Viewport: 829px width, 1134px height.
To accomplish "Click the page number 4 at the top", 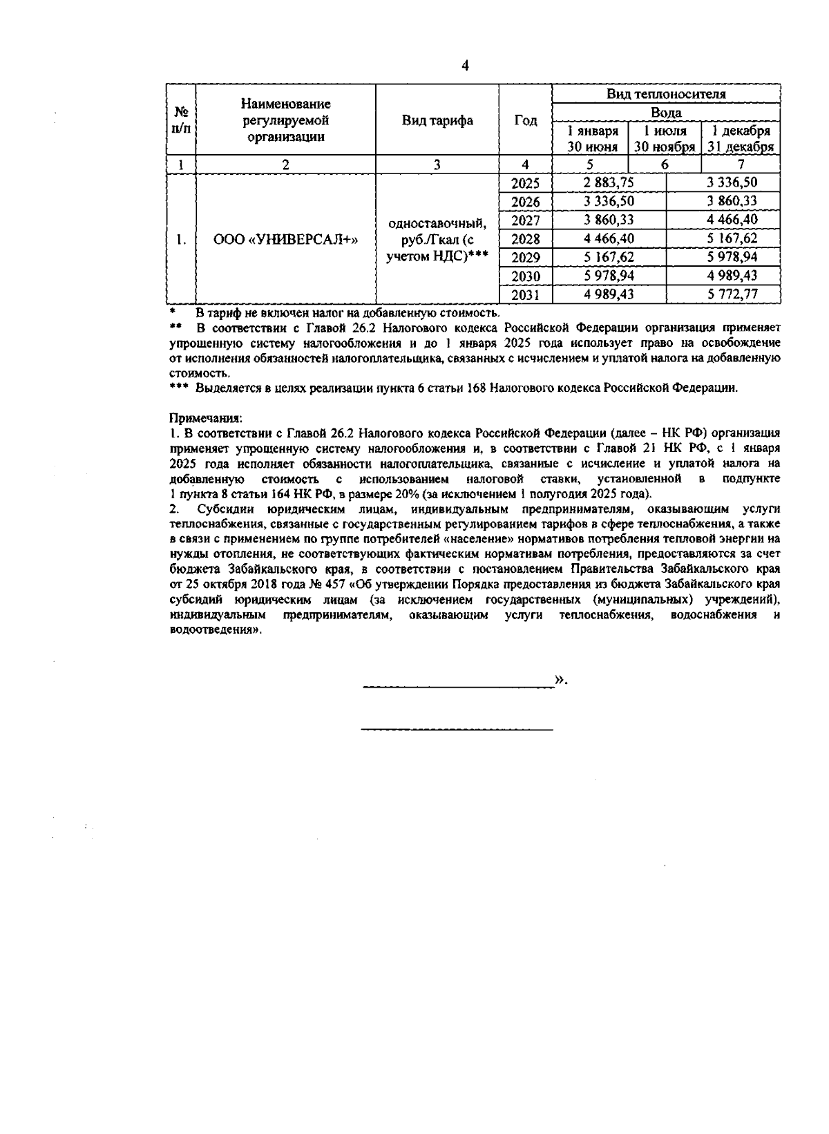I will pos(465,66).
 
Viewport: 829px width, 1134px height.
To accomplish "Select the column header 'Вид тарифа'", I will pos(437,121).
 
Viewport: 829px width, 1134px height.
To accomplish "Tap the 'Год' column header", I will pos(526,121).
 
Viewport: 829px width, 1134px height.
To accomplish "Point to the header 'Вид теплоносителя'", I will pos(666,95).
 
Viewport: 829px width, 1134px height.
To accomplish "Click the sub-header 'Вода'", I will pos(666,113).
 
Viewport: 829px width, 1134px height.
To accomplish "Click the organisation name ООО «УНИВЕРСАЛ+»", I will pos(285,240).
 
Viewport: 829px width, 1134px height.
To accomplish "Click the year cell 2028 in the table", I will pos(525,239).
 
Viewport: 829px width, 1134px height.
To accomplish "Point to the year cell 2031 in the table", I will pos(525,295).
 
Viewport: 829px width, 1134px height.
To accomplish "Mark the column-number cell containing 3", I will pos(437,164).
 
